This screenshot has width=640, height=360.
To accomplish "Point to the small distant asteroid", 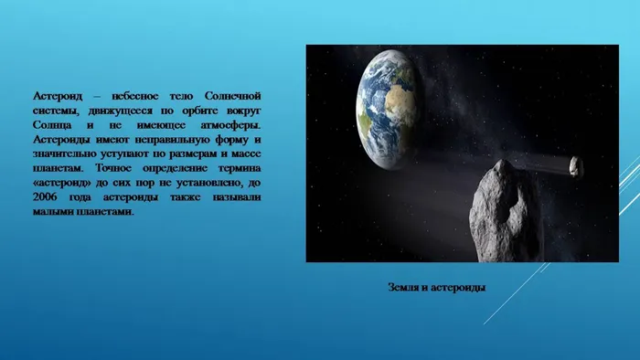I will click(x=575, y=164).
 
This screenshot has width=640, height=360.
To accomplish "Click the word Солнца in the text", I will click(x=53, y=124).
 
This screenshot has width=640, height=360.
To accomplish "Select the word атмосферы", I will click(x=234, y=124).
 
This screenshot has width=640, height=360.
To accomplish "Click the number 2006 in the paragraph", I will click(x=46, y=197).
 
